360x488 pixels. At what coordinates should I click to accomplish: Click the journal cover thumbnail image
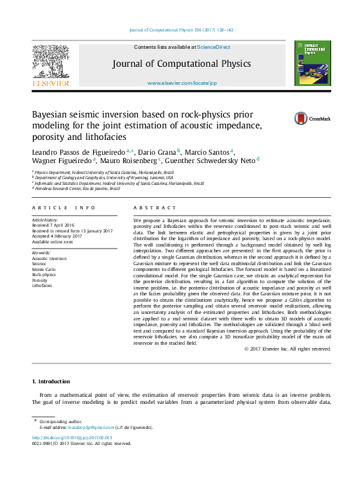tap(312, 63)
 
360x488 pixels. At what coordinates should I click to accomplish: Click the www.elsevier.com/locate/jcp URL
tap(182, 83)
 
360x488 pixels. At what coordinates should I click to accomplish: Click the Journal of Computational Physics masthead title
tap(182, 64)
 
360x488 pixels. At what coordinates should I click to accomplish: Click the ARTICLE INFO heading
tap(64, 208)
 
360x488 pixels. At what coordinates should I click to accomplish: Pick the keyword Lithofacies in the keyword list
tap(43, 285)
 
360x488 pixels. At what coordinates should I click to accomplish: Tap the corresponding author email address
tap(86, 427)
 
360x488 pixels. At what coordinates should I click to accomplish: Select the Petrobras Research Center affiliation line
tap(78, 189)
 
